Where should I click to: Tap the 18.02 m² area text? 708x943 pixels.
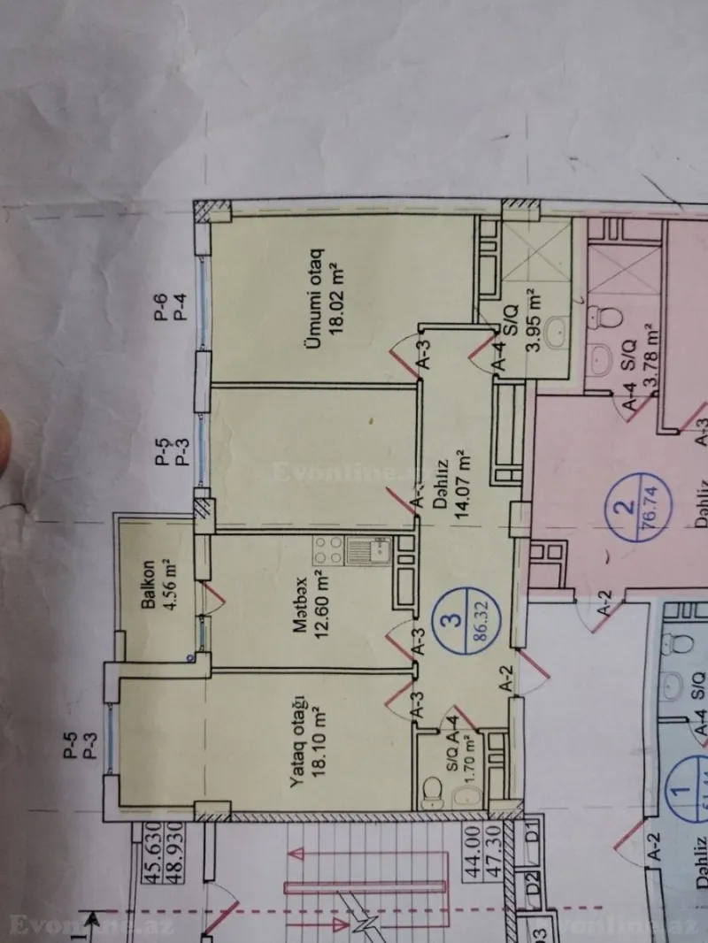pos(335,303)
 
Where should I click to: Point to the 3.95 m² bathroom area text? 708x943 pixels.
pos(533,321)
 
